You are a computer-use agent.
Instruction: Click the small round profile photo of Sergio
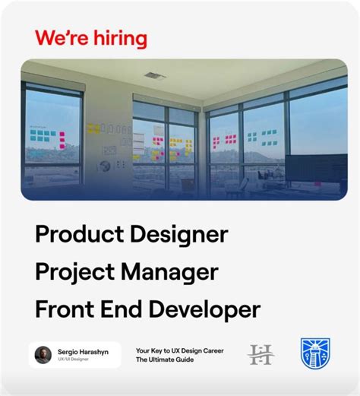43,354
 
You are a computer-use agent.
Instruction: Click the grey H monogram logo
261,354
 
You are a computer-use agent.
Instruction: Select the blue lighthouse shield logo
315,353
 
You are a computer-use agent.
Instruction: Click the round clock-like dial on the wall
110,149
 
